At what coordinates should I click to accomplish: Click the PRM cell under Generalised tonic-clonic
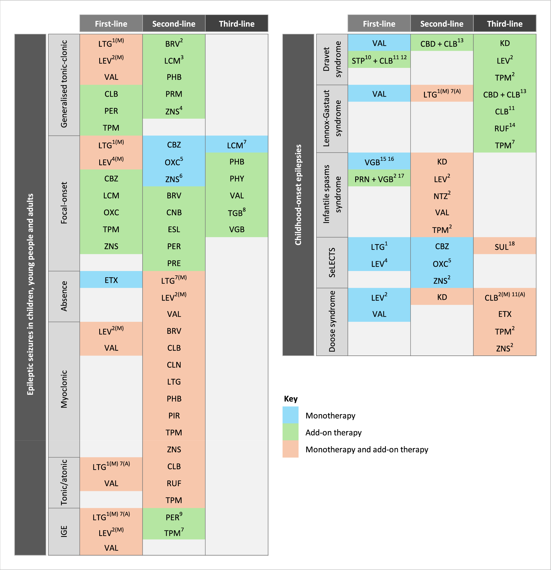[x=174, y=94]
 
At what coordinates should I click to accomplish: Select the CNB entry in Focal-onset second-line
[x=174, y=213]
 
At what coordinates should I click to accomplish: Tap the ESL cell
[x=174, y=229]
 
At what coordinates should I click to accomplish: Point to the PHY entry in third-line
[x=236, y=179]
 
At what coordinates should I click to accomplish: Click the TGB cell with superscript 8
[x=236, y=213]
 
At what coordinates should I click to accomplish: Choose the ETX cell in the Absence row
[x=111, y=280]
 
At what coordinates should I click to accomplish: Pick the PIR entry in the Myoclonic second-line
[x=174, y=415]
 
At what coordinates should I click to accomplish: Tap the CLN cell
[x=174, y=365]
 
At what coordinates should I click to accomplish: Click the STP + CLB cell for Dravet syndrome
[x=379, y=60]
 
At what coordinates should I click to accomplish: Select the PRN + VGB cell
[x=379, y=179]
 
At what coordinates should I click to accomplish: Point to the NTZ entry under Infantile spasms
[x=441, y=196]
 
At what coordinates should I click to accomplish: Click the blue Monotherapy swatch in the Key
[x=290, y=415]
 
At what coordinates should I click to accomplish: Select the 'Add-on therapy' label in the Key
[x=333, y=432]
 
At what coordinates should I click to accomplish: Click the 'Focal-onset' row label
[x=64, y=203]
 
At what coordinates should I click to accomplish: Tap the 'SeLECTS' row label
[x=332, y=262]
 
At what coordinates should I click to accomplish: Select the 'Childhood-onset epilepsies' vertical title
[x=298, y=194]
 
